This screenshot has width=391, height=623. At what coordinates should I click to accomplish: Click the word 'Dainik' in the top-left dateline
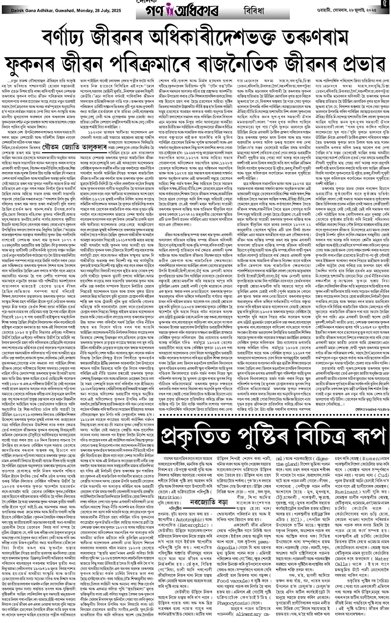click(x=11, y=5)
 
